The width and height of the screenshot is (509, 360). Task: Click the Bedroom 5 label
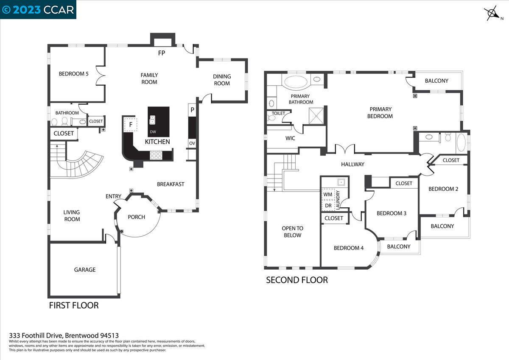pyautogui.click(x=74, y=74)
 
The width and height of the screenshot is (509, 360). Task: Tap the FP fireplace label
pyautogui.click(x=162, y=53)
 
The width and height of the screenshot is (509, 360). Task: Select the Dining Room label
pyautogui.click(x=222, y=80)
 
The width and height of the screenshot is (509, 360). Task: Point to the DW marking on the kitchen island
pyautogui.click(x=153, y=132)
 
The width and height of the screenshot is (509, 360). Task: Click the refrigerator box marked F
pyautogui.click(x=131, y=124)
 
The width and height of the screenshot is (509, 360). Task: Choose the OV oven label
pyautogui.click(x=192, y=143)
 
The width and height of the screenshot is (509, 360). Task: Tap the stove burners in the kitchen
pyautogui.click(x=156, y=155)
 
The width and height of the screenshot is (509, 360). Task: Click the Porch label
pyautogui.click(x=136, y=217)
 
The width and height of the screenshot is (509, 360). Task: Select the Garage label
pyautogui.click(x=85, y=270)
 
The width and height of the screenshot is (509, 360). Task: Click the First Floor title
pyautogui.click(x=74, y=305)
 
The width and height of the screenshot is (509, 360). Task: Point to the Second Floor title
pyautogui.click(x=297, y=280)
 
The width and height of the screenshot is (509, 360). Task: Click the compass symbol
pyautogui.click(x=492, y=14)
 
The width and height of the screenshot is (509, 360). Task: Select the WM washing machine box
pyautogui.click(x=328, y=194)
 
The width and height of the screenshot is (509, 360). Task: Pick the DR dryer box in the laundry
pyautogui.click(x=328, y=206)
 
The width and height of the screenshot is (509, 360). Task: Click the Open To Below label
pyautogui.click(x=292, y=232)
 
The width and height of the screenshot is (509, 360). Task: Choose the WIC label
pyautogui.click(x=290, y=138)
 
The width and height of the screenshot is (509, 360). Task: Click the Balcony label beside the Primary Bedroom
pyautogui.click(x=436, y=81)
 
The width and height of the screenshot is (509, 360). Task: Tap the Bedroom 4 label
pyautogui.click(x=349, y=248)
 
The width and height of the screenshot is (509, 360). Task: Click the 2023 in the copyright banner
pyautogui.click(x=27, y=10)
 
